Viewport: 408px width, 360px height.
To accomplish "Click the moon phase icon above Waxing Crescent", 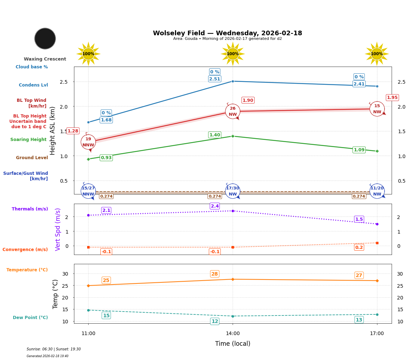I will [45, 38].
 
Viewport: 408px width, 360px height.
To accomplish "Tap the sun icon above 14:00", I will [233, 54].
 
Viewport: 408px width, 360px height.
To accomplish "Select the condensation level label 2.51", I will [215, 79].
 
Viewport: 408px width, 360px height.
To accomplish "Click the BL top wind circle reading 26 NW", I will [233, 111].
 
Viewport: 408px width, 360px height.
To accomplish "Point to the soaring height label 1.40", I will [215, 135].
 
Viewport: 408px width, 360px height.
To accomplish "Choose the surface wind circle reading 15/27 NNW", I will [88, 191].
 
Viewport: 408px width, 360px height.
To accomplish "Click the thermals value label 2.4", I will [215, 206].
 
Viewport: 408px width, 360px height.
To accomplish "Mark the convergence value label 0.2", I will [359, 247].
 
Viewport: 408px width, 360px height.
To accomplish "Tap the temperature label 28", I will [214, 274].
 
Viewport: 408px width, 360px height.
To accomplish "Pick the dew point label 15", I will [106, 315].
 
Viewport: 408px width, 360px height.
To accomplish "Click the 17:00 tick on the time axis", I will [377, 334].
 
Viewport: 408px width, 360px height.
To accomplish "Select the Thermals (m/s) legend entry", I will [30, 209].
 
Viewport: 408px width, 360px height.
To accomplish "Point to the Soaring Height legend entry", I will [28, 140].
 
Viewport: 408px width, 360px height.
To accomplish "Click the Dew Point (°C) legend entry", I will [30, 318].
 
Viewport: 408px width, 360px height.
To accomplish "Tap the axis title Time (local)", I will [233, 344].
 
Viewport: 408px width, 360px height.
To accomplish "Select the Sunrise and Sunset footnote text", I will [54, 349].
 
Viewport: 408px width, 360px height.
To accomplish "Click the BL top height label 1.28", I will [73, 131].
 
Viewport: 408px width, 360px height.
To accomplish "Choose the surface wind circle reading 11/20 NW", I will [377, 191].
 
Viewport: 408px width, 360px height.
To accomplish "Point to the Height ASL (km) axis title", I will [53, 130].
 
